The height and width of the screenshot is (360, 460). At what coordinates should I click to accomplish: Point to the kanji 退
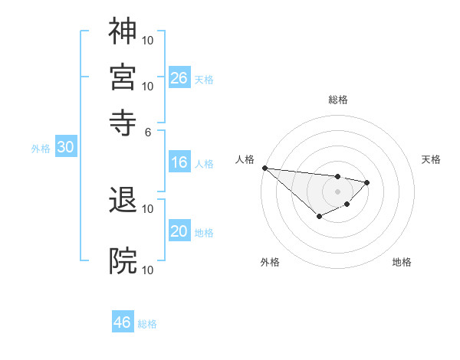(123, 199)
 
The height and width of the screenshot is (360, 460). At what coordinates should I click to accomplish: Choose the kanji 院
(123, 260)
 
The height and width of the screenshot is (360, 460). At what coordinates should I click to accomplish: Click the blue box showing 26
(179, 77)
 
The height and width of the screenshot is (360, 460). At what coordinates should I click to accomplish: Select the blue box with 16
(179, 162)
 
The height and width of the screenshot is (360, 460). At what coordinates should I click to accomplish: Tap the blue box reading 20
(179, 231)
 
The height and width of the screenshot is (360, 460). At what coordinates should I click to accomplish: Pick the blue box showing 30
(66, 148)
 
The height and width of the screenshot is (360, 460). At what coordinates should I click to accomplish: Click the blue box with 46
(123, 322)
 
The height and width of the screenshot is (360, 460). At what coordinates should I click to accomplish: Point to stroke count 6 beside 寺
(148, 131)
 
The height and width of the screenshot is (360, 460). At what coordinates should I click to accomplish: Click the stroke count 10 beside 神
(148, 39)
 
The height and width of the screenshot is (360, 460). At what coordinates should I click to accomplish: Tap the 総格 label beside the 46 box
(148, 324)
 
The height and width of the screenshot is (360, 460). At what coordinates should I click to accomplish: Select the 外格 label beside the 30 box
(41, 149)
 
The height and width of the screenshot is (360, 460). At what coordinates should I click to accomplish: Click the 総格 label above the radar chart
(338, 100)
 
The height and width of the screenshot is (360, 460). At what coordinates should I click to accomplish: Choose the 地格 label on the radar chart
(402, 263)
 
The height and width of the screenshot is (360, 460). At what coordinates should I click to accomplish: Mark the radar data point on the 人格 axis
(264, 168)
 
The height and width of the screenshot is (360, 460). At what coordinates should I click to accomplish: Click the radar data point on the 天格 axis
(367, 182)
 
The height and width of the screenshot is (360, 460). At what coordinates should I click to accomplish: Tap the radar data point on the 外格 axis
(320, 218)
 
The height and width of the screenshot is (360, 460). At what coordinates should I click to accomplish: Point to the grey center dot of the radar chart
(337, 191)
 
